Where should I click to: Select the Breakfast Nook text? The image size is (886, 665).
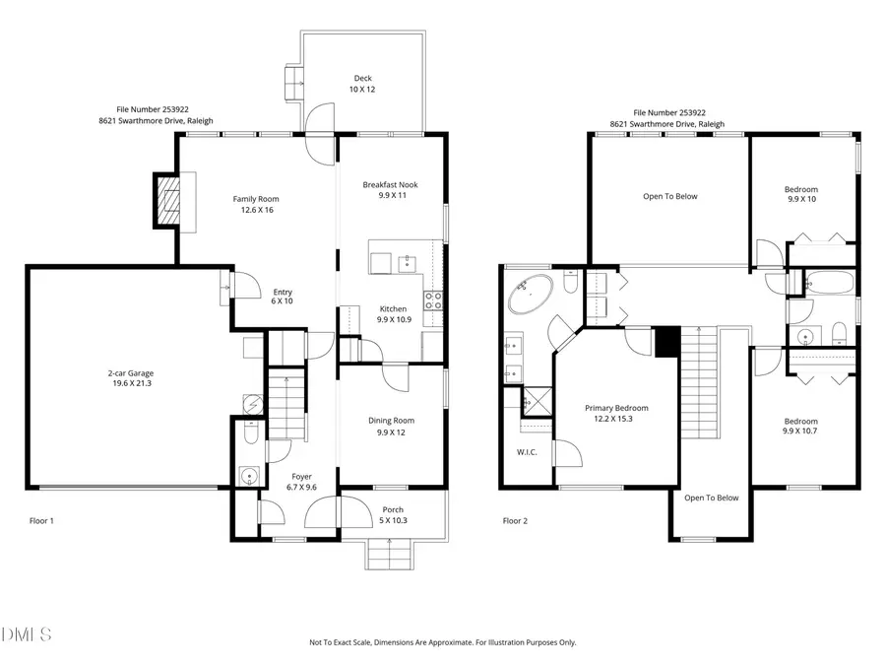(x=391, y=184)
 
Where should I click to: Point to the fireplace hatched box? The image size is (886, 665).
(x=167, y=201)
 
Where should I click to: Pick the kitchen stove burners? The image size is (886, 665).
(x=433, y=300)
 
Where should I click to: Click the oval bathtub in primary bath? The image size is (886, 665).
(x=532, y=294)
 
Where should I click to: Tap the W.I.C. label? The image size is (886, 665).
(x=527, y=452)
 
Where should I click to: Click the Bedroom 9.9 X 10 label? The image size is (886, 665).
(x=801, y=194)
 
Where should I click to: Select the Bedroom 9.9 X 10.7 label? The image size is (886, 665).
(x=800, y=426)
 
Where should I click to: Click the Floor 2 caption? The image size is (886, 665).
(x=515, y=521)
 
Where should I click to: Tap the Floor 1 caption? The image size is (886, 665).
(x=41, y=521)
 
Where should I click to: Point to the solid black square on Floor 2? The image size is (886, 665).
(x=667, y=342)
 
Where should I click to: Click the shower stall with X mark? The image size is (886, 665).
(x=538, y=402)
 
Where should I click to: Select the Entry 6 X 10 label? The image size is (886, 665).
(x=282, y=297)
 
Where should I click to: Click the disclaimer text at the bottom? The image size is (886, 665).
(x=442, y=642)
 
